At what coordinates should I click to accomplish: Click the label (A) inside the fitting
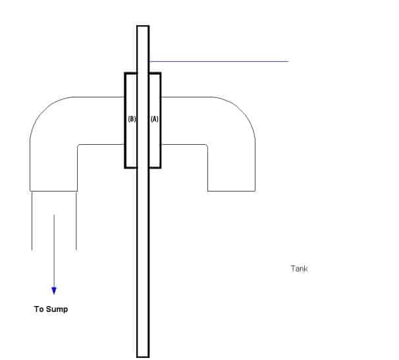pyautogui.click(x=155, y=119)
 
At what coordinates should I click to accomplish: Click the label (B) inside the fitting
pyautogui.click(x=131, y=119)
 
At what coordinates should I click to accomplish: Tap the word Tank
pyautogui.click(x=299, y=269)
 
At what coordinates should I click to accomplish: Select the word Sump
pyautogui.click(x=57, y=309)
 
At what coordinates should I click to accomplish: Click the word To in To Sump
pyautogui.click(x=39, y=309)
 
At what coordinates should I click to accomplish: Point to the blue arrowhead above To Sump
pyautogui.click(x=54, y=290)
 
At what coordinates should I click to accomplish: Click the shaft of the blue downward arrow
pyautogui.click(x=54, y=250)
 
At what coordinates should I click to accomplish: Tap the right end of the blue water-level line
pyautogui.click(x=288, y=61)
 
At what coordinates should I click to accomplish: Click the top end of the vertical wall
pyautogui.click(x=143, y=26)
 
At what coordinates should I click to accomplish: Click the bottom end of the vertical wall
pyautogui.click(x=143, y=355)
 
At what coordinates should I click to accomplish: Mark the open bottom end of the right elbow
pyautogui.click(x=231, y=191)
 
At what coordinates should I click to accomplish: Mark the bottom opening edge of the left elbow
pyautogui.click(x=54, y=191)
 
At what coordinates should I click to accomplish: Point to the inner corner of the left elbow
pyautogui.click(x=78, y=145)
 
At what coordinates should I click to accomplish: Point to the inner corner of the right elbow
pyautogui.click(x=207, y=145)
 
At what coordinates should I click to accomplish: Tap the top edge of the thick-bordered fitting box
pyautogui.click(x=143, y=73)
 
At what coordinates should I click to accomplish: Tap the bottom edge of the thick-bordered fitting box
pyautogui.click(x=143, y=167)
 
